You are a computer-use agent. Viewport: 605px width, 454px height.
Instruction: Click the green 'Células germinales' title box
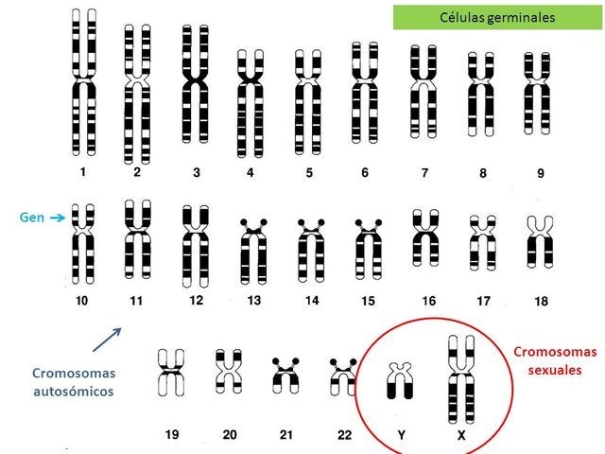[497, 18]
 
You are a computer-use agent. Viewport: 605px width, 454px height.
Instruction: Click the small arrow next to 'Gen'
[57, 218]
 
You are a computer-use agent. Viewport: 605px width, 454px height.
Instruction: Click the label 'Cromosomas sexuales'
[556, 360]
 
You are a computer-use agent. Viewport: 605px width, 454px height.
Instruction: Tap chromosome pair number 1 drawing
[83, 82]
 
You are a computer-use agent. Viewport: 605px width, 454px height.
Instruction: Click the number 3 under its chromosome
[196, 173]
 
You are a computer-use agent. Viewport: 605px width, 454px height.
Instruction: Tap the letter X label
[460, 435]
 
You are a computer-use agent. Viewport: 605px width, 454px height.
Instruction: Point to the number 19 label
[171, 435]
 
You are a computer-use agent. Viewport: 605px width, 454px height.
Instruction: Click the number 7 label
[424, 173]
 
